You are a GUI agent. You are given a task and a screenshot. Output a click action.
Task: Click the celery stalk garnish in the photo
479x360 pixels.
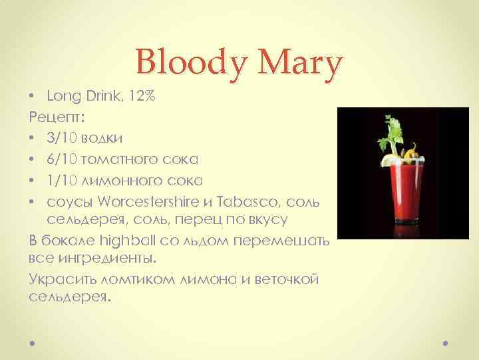coord(391,137)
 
